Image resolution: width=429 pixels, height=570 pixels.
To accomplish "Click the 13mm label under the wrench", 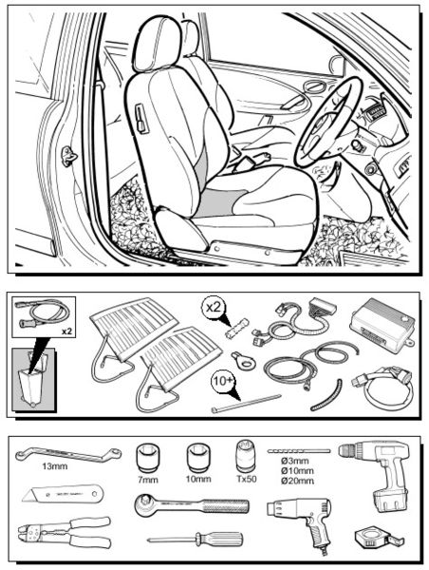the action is [x=55, y=465].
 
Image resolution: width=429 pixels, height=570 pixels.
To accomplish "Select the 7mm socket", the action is [x=148, y=458].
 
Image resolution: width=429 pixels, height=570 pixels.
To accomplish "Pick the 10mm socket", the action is [x=198, y=458].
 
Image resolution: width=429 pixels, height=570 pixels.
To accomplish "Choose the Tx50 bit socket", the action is [x=246, y=456].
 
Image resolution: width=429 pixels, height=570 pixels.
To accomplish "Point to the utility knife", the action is [x=62, y=494].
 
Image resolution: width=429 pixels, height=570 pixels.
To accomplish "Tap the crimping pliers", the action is [x=64, y=533].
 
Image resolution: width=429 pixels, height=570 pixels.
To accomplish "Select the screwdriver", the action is [x=196, y=539].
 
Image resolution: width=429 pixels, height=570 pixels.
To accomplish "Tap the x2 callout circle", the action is [x=214, y=308].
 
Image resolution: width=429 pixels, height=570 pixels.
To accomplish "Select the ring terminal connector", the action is [x=244, y=360].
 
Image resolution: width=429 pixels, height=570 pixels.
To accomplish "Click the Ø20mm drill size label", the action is [x=297, y=481].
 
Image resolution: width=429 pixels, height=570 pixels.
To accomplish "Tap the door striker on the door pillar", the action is [x=69, y=156].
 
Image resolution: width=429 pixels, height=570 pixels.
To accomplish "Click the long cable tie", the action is [x=246, y=404].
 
